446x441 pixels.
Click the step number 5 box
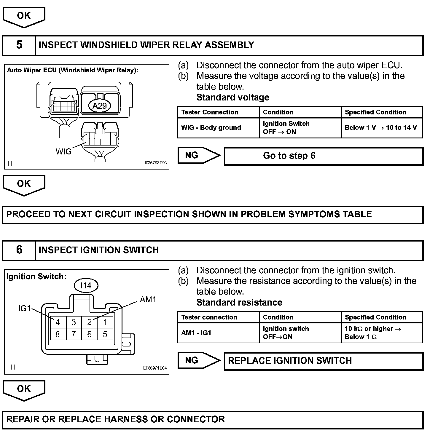(19, 45)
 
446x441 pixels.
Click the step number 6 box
(19, 250)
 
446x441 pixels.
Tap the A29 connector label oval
(99, 106)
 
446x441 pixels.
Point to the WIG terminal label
(63, 152)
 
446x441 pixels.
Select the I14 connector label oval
(86, 285)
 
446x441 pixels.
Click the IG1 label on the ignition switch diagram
(25, 309)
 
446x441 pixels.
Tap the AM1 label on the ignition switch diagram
(148, 300)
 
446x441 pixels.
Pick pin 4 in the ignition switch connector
(58, 322)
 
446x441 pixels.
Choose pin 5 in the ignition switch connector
(105, 335)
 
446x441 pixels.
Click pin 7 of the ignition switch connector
(73, 335)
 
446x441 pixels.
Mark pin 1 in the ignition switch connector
(105, 322)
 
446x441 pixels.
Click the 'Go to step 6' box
(324, 156)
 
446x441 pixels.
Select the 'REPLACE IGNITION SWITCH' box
(324, 361)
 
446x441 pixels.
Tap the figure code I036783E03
(155, 163)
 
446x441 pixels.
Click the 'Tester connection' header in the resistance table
(209, 317)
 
